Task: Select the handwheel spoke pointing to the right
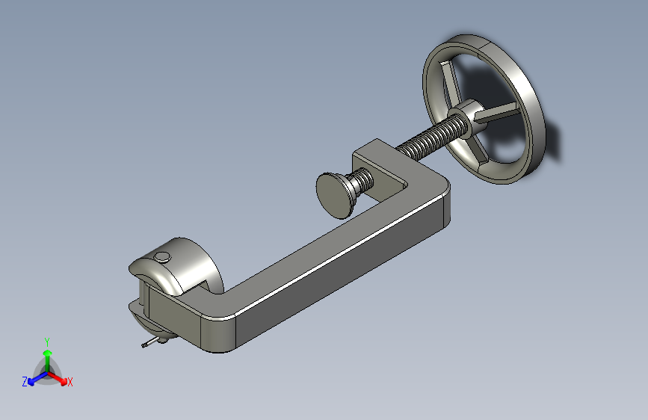pos(496,112)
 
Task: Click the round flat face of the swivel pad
pos(333,197)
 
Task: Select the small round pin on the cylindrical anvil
pos(162,257)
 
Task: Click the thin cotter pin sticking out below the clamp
pos(149,343)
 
